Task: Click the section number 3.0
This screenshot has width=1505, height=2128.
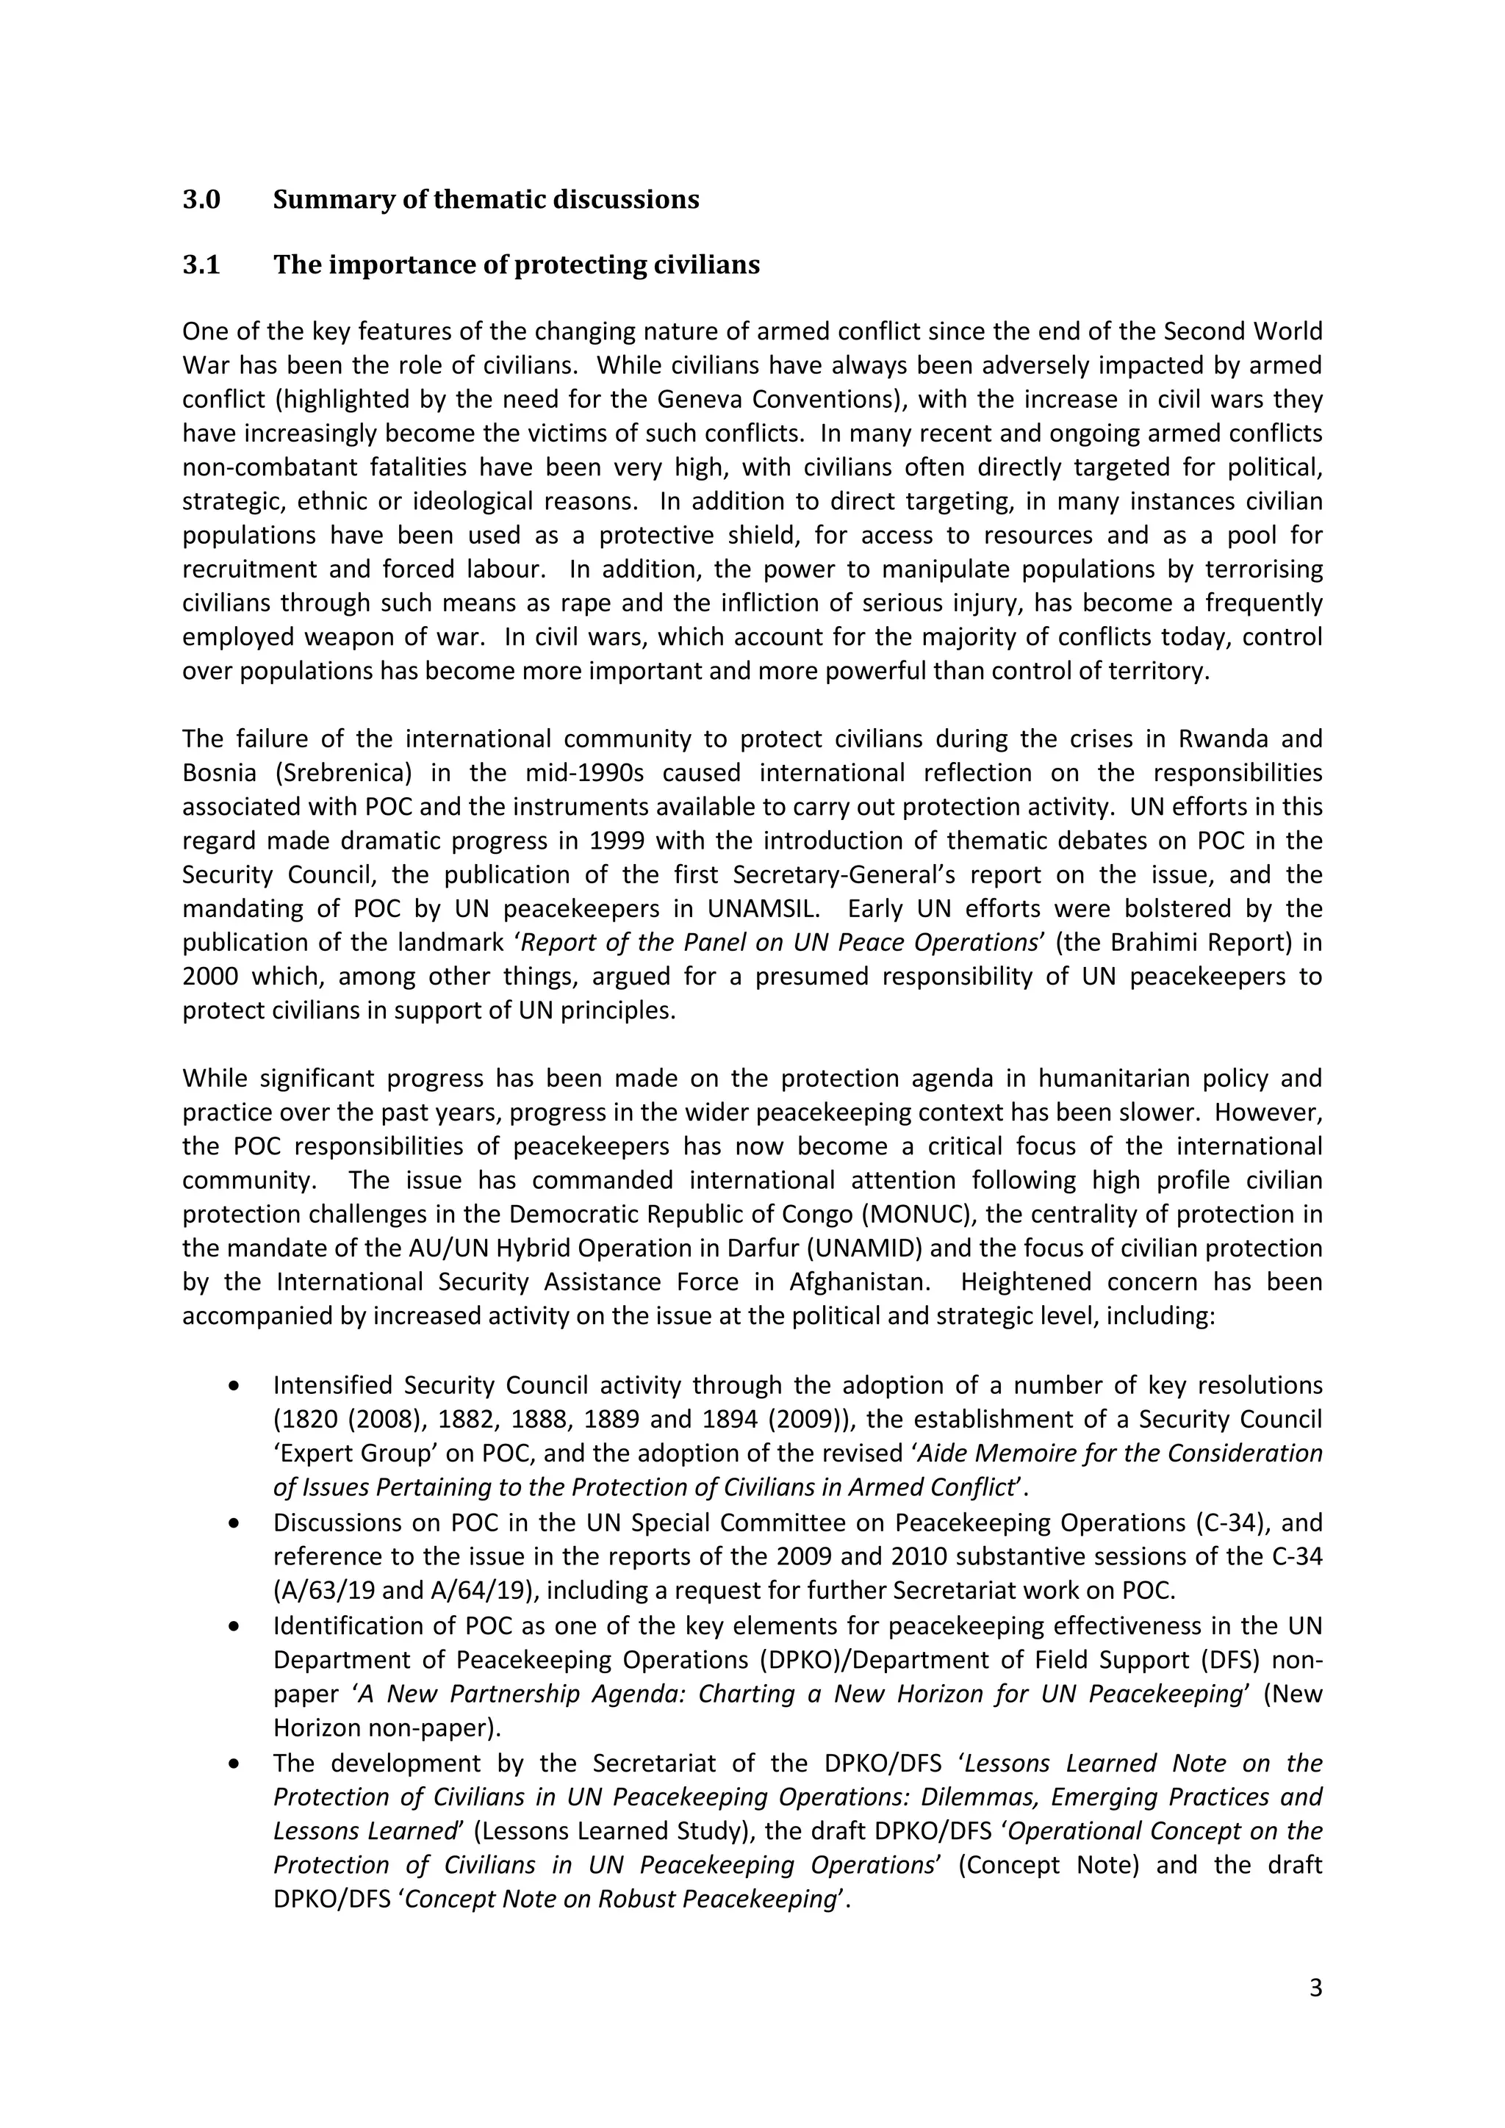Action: pyautogui.click(x=201, y=199)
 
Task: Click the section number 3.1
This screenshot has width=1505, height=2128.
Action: pyautogui.click(x=201, y=265)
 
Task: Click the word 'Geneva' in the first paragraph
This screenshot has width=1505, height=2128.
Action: pyautogui.click(x=700, y=400)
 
